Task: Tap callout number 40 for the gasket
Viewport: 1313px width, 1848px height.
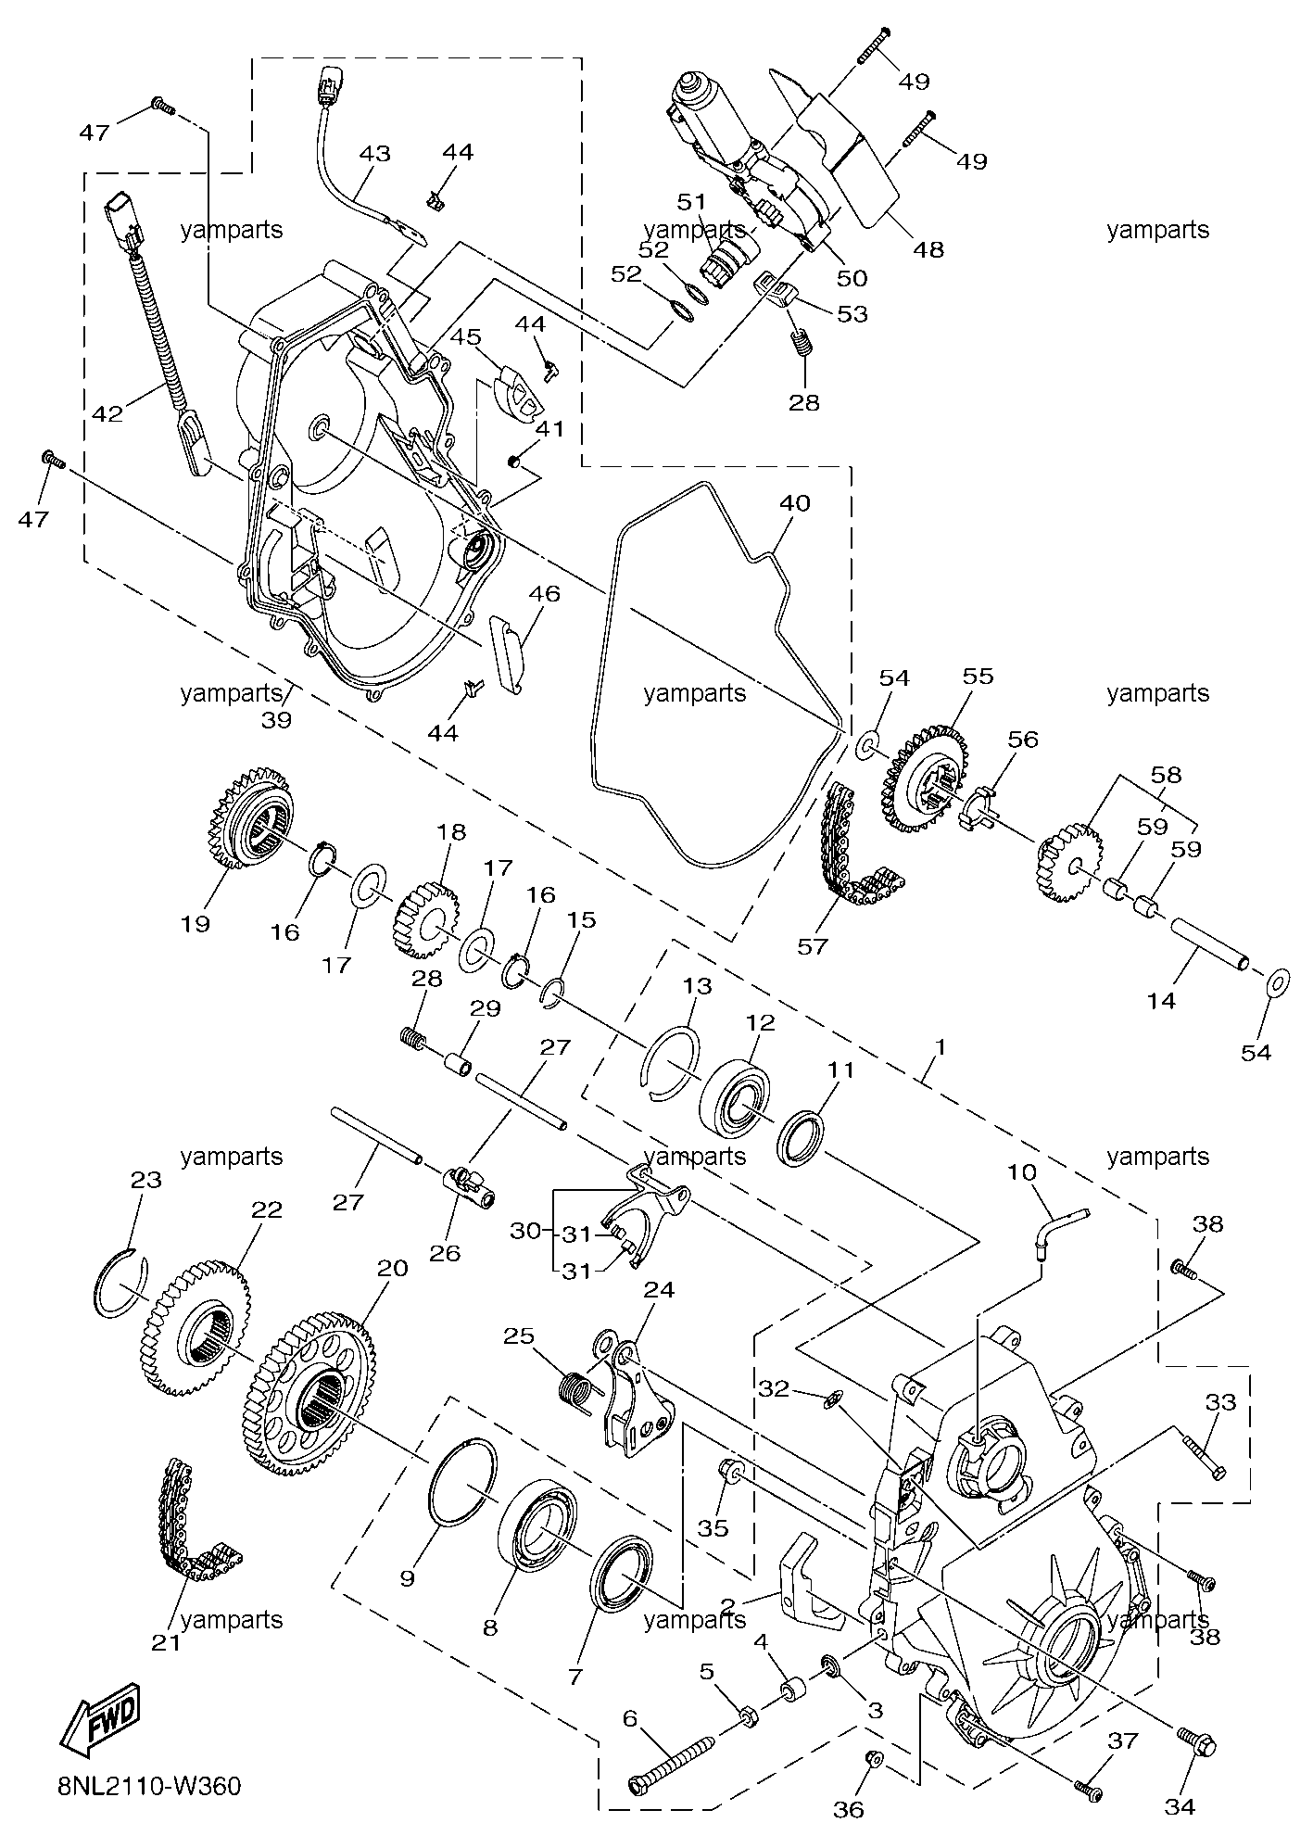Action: click(794, 503)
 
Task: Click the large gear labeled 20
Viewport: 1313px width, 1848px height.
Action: click(311, 1386)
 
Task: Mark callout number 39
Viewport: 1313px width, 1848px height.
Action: click(276, 719)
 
